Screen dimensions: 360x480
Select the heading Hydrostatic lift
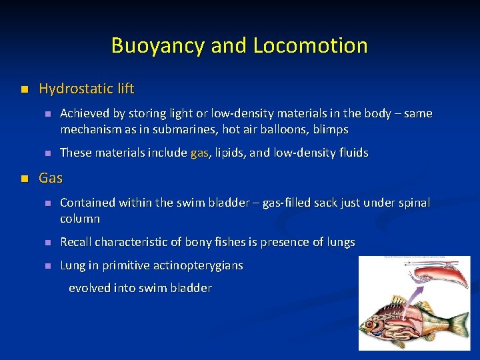[x=87, y=89]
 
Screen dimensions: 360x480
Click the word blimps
[x=331, y=129]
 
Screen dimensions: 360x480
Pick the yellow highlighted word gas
[x=199, y=153]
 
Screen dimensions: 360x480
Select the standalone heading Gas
[x=51, y=178]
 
